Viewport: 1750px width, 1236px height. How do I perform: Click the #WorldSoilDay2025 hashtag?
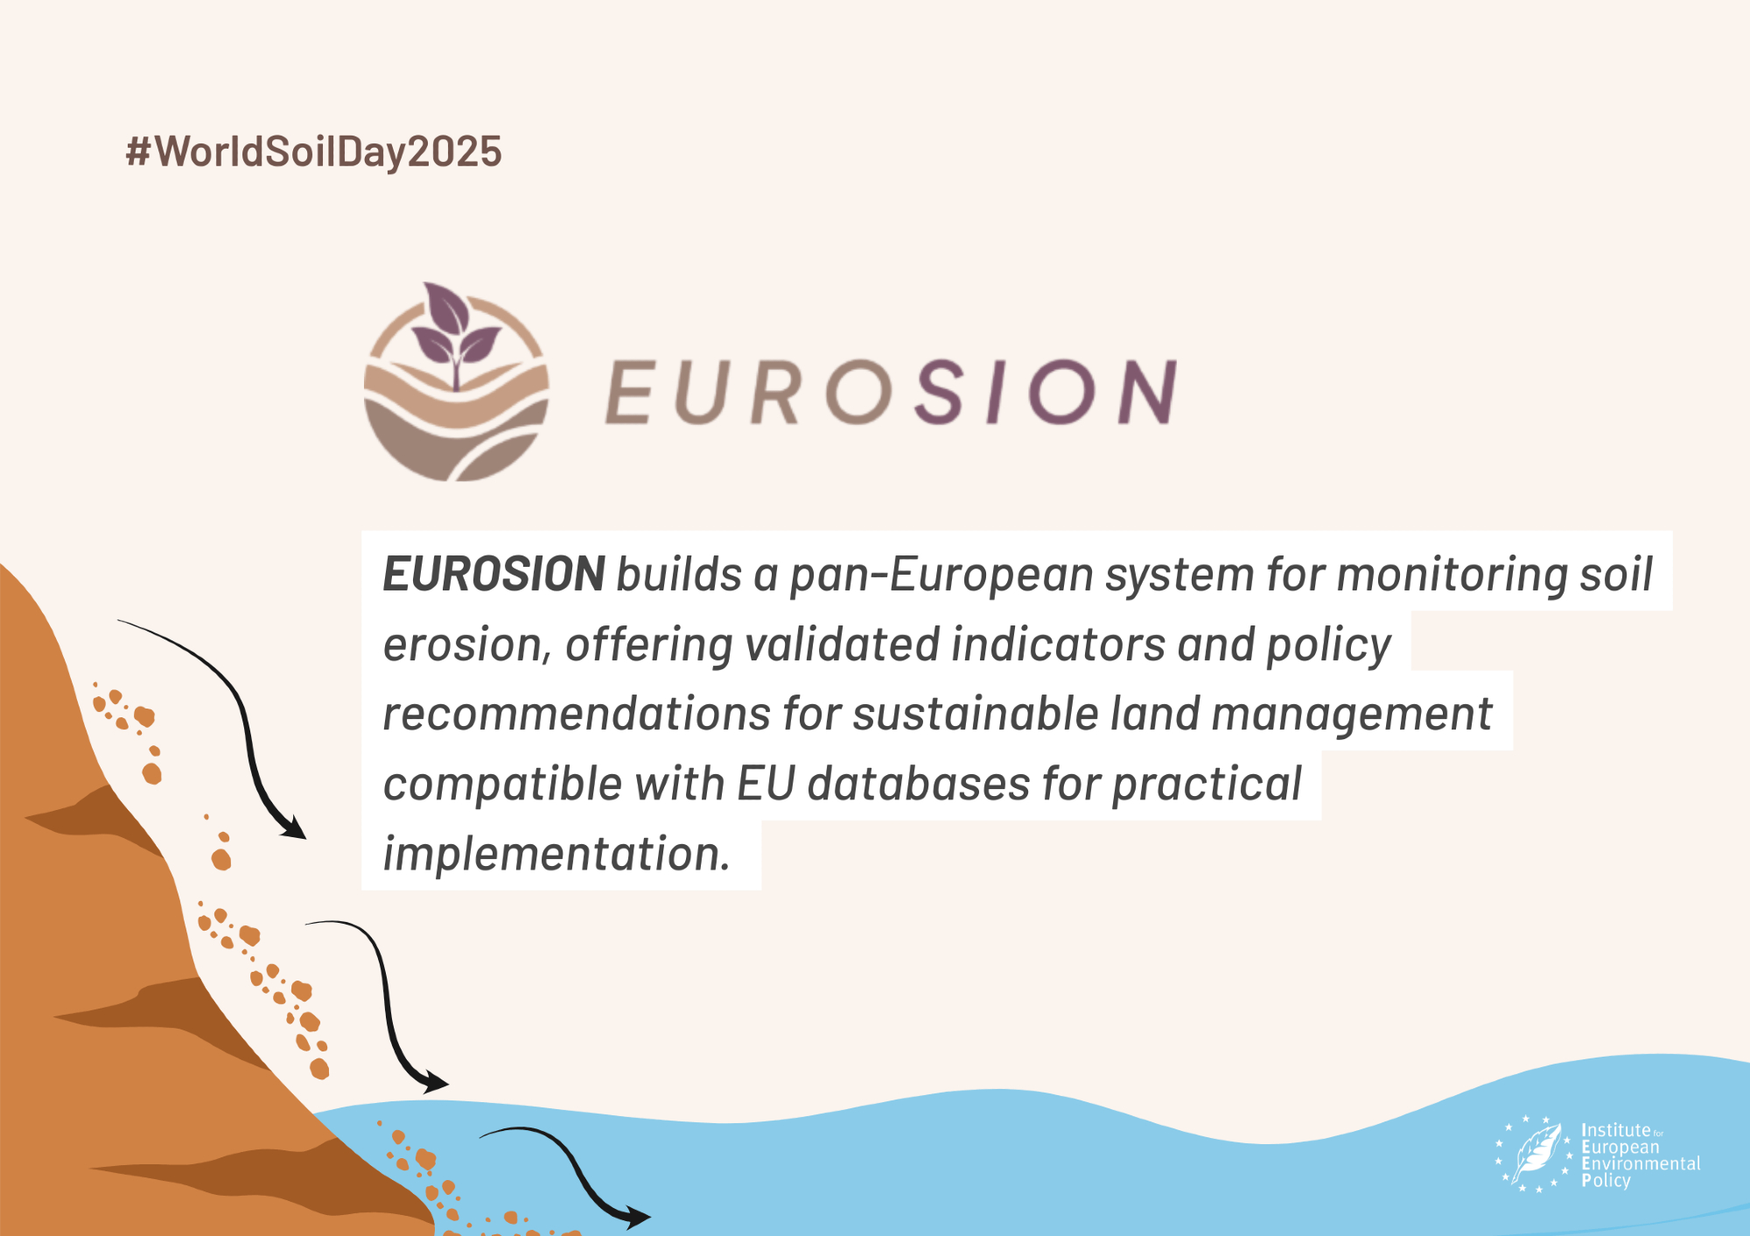click(x=313, y=152)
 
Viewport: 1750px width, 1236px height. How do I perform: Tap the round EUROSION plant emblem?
click(x=456, y=382)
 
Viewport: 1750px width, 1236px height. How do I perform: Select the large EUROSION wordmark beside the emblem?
click(x=891, y=392)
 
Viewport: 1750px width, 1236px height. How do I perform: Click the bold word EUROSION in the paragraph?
click(x=494, y=575)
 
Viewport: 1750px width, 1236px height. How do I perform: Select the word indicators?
click(x=1058, y=645)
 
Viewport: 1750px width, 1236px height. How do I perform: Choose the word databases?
click(x=918, y=784)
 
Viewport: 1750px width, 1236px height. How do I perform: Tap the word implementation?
click(x=556, y=855)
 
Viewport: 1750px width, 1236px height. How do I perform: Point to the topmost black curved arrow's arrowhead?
click(x=294, y=827)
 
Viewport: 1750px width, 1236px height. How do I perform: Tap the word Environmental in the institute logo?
click(x=1641, y=1164)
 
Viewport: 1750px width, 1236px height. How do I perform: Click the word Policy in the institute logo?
click(x=1606, y=1181)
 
